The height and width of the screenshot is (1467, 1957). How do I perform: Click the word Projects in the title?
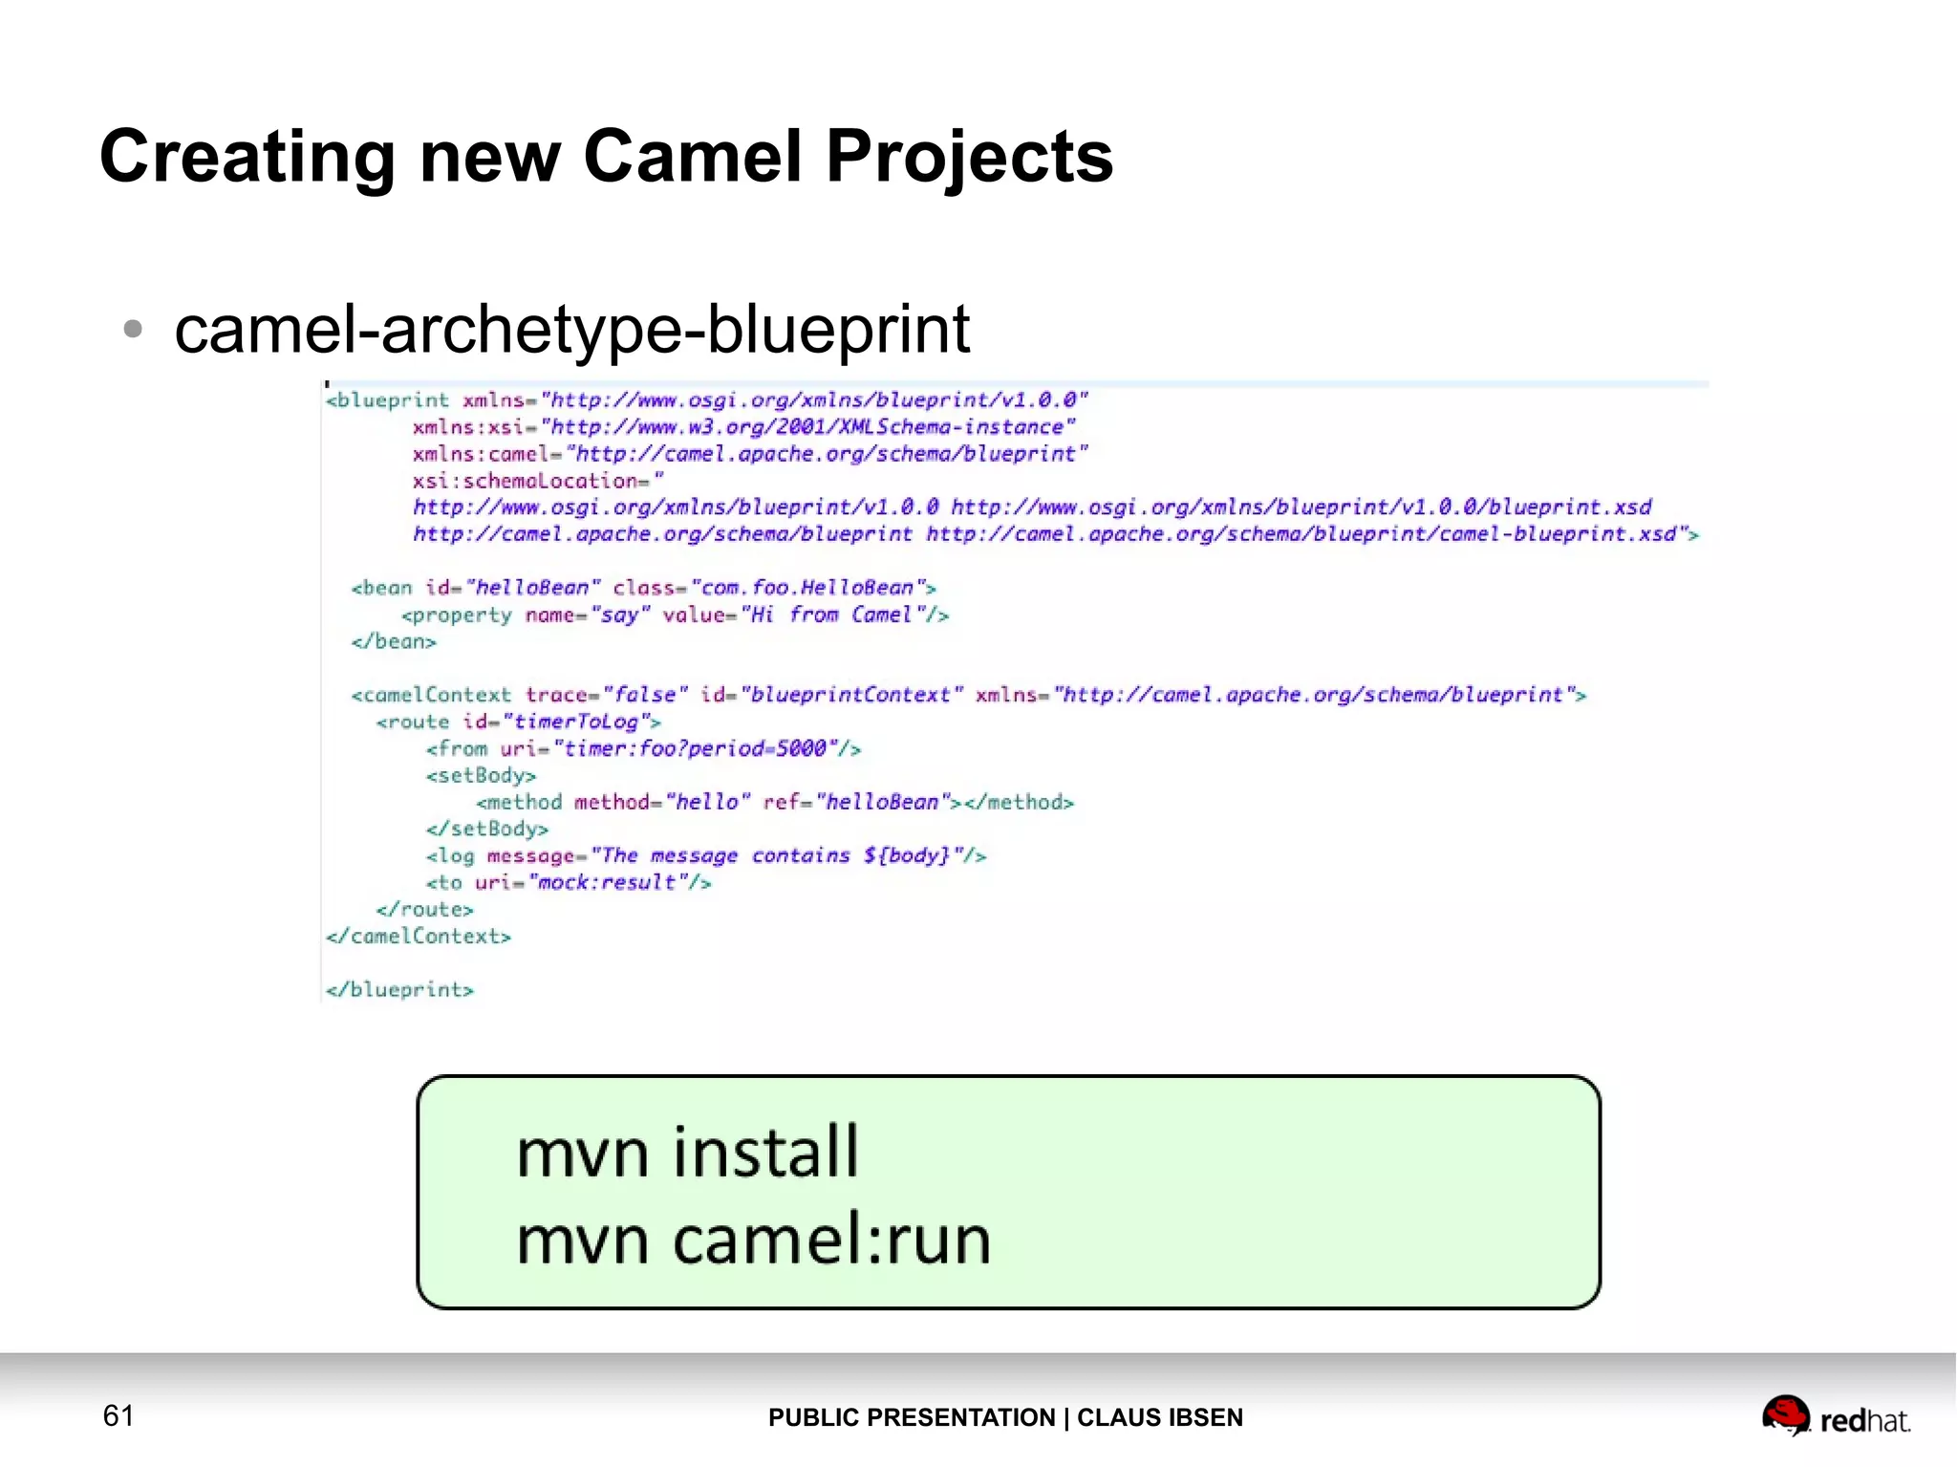pos(969,158)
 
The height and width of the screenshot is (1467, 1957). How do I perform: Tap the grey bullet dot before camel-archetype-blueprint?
pos(133,330)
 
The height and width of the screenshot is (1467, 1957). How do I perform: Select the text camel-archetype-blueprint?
pos(571,329)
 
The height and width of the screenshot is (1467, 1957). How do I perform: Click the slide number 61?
pos(118,1415)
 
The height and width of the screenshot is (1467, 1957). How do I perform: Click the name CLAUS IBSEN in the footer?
pos(1159,1417)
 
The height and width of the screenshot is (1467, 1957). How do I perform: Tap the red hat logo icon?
pos(1785,1415)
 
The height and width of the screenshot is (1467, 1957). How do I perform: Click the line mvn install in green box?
pos(687,1152)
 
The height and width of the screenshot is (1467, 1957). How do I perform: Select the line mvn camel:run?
pos(753,1240)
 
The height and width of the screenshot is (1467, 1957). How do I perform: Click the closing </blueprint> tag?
pos(399,990)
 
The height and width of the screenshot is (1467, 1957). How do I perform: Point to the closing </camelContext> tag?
pos(419,937)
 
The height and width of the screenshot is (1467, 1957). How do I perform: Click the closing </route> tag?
pos(424,910)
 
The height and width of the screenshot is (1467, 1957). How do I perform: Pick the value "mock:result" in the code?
pos(607,882)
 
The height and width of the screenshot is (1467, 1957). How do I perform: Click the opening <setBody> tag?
pos(481,775)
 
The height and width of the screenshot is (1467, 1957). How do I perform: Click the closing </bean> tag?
pos(394,641)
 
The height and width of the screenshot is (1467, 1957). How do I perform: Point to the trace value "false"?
pos(645,695)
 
